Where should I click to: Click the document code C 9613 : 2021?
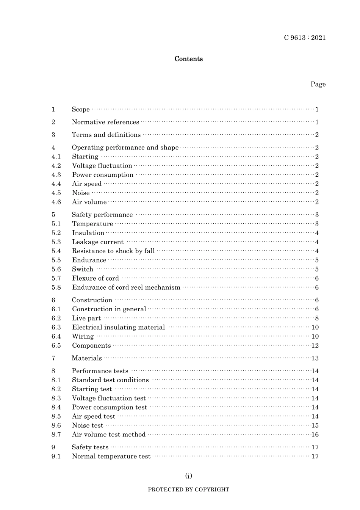click(305, 38)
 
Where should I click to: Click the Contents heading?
click(188, 59)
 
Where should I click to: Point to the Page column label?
click(318, 84)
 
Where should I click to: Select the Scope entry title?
click(81, 110)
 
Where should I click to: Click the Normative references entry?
click(105, 122)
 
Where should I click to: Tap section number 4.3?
click(56, 175)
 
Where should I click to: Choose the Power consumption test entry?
click(110, 407)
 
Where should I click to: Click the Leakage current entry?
click(98, 242)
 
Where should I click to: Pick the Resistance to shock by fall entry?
click(113, 251)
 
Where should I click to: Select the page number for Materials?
click(315, 358)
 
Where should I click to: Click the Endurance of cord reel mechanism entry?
click(126, 287)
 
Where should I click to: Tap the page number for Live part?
click(317, 319)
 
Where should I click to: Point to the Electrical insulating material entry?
click(118, 327)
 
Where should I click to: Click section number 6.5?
click(56, 345)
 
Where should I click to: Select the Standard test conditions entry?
click(110, 380)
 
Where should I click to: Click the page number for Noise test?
click(315, 425)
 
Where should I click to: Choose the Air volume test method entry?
click(109, 435)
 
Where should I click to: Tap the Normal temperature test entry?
click(111, 457)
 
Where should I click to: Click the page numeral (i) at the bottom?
click(188, 476)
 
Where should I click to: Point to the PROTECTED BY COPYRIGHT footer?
click(188, 490)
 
